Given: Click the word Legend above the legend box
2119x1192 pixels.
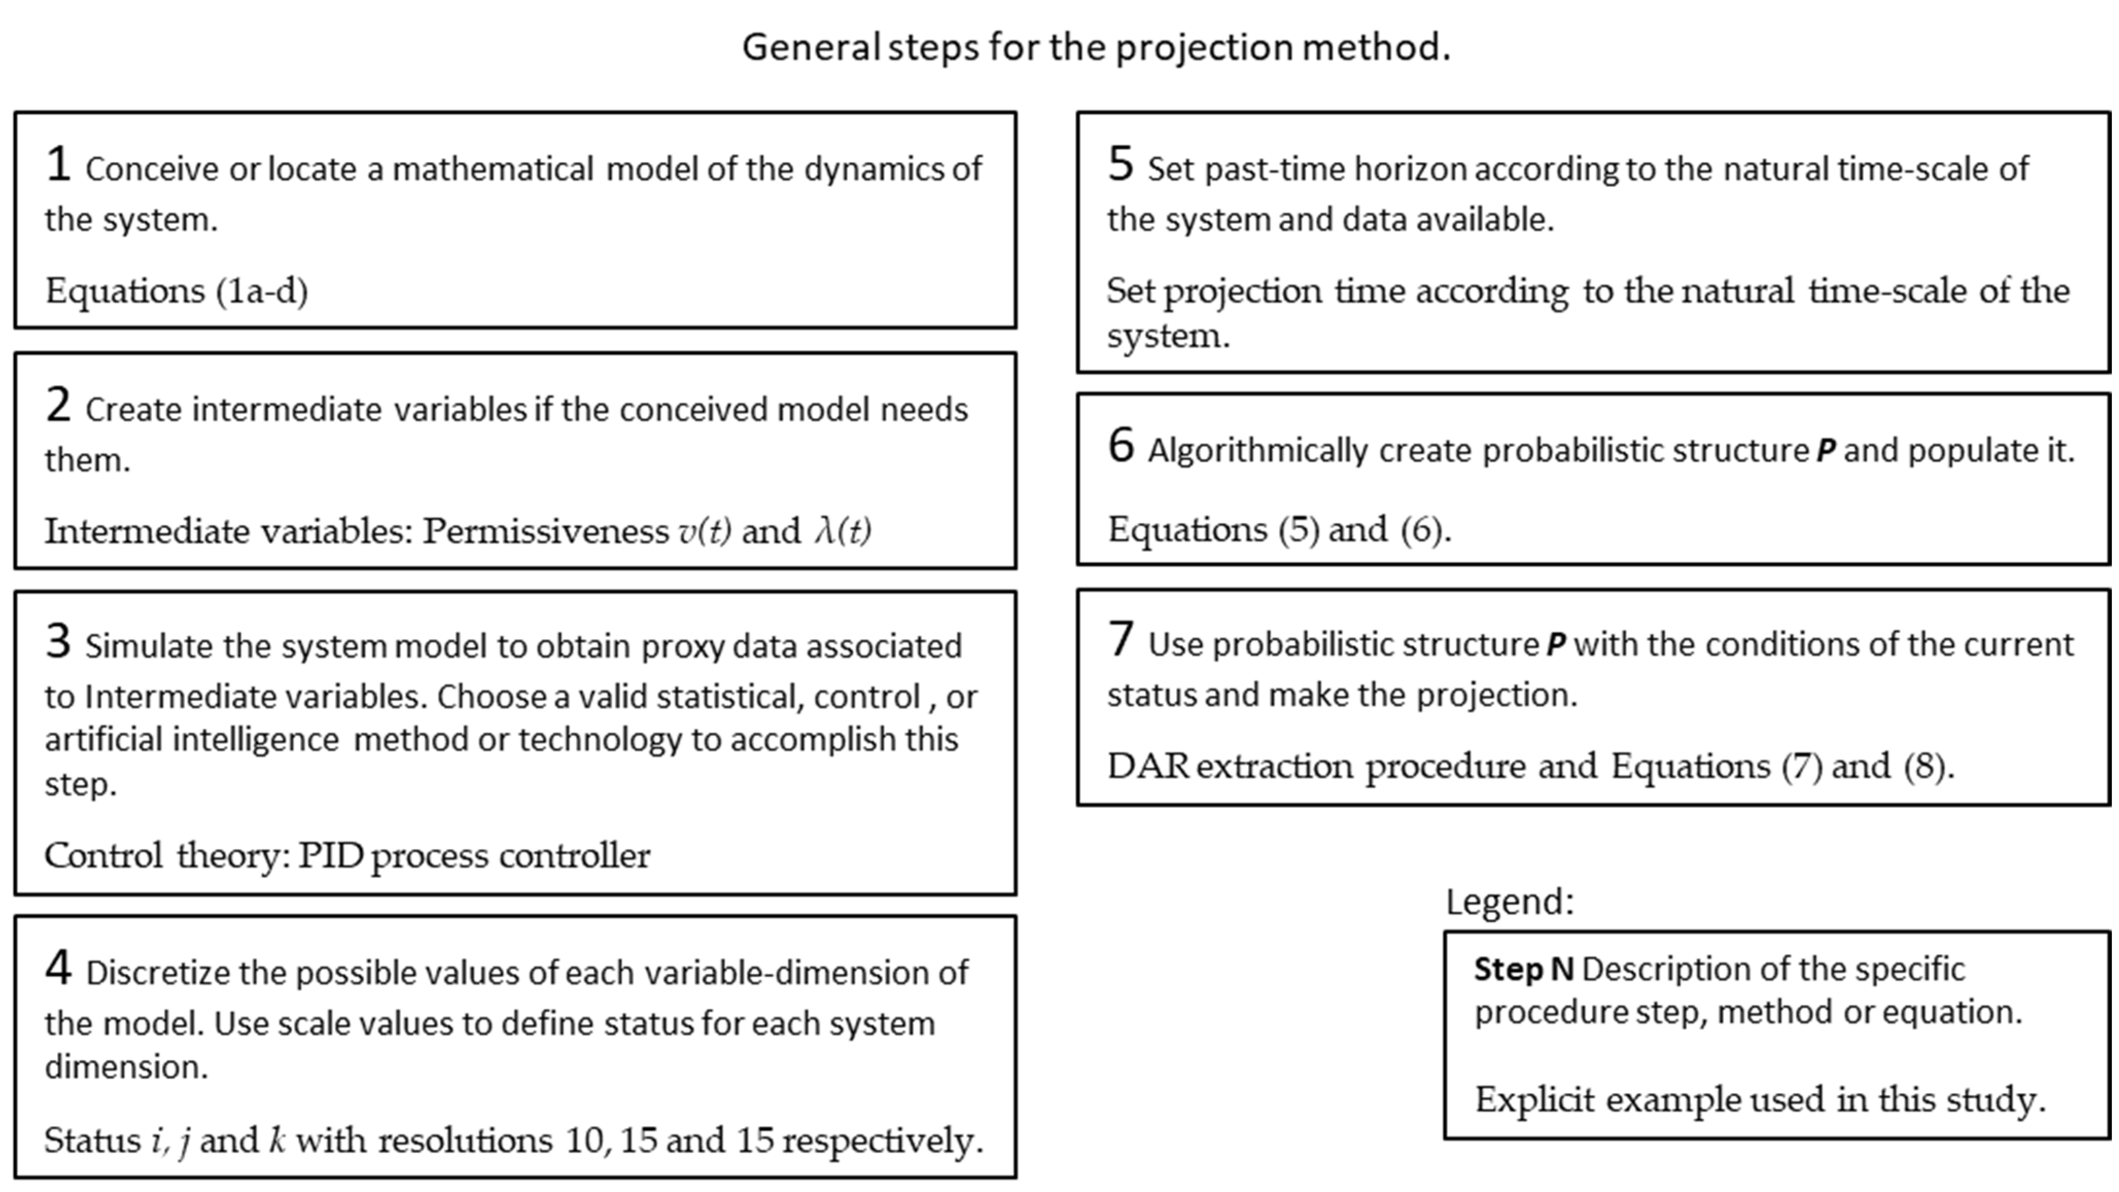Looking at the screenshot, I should tap(1509, 902).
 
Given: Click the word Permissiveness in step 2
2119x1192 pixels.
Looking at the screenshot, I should tap(546, 532).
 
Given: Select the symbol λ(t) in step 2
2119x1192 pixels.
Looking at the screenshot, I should tap(843, 532).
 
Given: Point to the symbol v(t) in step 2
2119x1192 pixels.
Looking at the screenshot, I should tap(704, 532).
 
